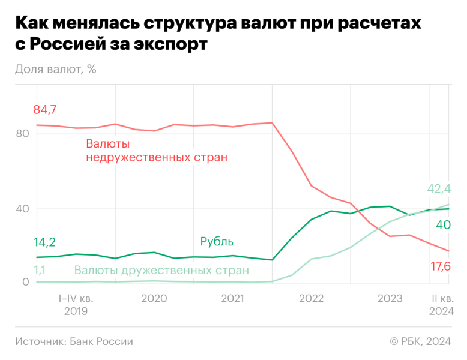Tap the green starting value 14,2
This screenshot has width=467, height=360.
point(44,242)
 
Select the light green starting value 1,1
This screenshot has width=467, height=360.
point(39,271)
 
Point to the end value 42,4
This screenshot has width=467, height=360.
point(439,190)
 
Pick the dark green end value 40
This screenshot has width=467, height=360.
point(443,225)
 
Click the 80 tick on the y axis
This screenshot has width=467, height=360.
point(22,134)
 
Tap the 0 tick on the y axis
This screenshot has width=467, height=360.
point(25,282)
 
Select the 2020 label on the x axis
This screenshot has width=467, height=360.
point(154,298)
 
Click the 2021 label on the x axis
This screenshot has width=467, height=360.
point(232,298)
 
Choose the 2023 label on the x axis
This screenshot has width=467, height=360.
point(390,298)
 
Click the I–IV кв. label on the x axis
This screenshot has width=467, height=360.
point(75,298)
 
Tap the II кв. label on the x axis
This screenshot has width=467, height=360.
point(442,298)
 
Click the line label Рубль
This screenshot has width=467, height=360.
point(217,242)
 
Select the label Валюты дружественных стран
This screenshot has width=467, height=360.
point(161,271)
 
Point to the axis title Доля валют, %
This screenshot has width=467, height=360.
point(56,68)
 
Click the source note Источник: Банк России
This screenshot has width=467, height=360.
point(74,341)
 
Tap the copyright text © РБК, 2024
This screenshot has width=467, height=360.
point(420,341)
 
